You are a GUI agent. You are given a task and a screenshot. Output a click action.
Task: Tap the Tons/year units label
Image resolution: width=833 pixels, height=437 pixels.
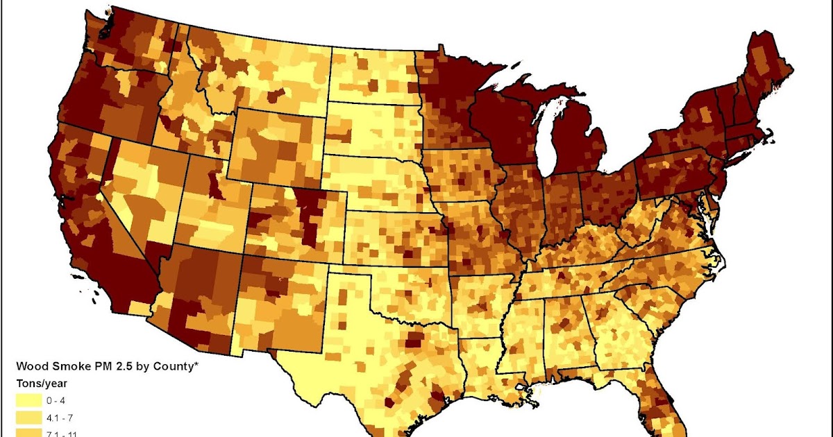coord(41,384)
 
